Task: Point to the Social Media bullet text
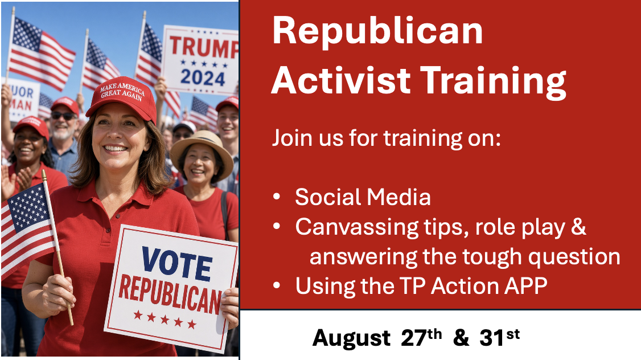pos(363,197)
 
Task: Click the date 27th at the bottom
pos(421,337)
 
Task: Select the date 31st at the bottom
pos(499,337)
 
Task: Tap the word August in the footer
pos(351,339)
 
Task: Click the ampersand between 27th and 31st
pos(461,338)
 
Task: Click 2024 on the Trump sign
pos(203,77)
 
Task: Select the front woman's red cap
pos(122,99)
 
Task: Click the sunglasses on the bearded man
pos(63,116)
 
